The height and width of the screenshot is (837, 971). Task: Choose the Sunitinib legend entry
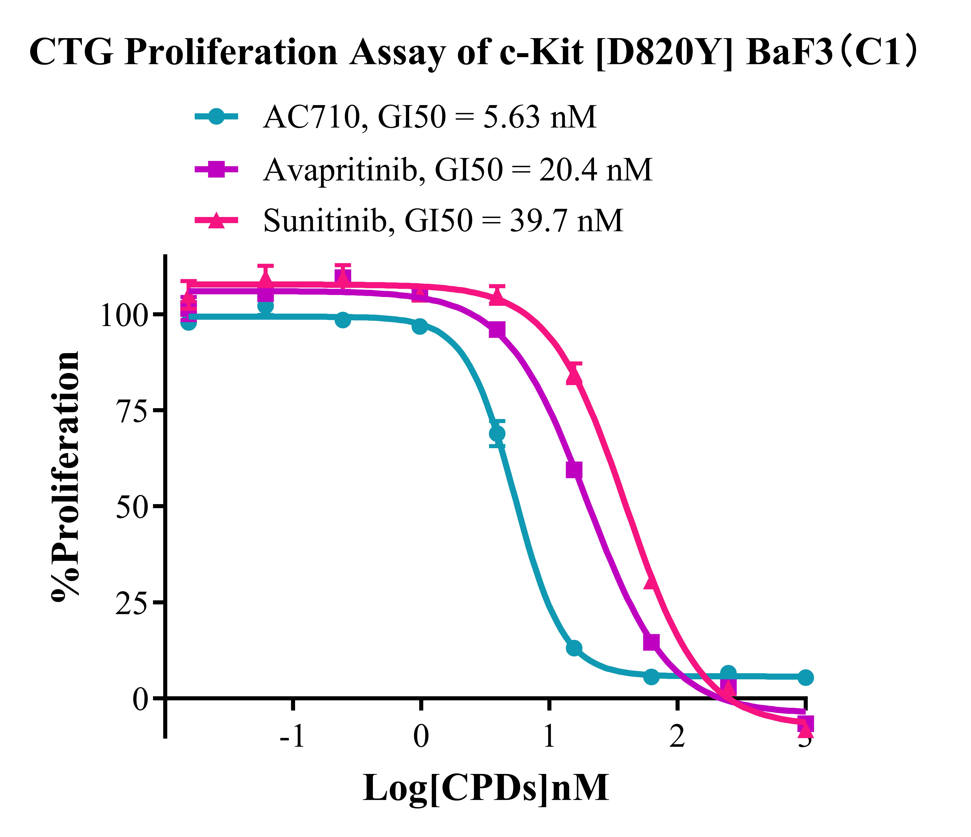(443, 220)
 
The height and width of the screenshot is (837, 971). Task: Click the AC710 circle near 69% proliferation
(497, 433)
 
